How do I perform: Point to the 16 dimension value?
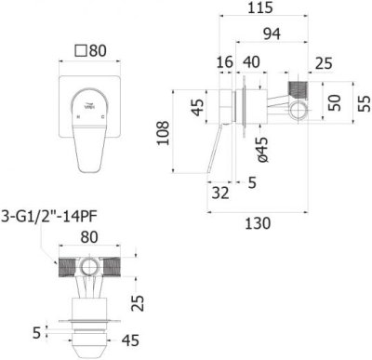(224, 63)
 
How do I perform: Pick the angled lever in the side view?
(220, 149)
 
